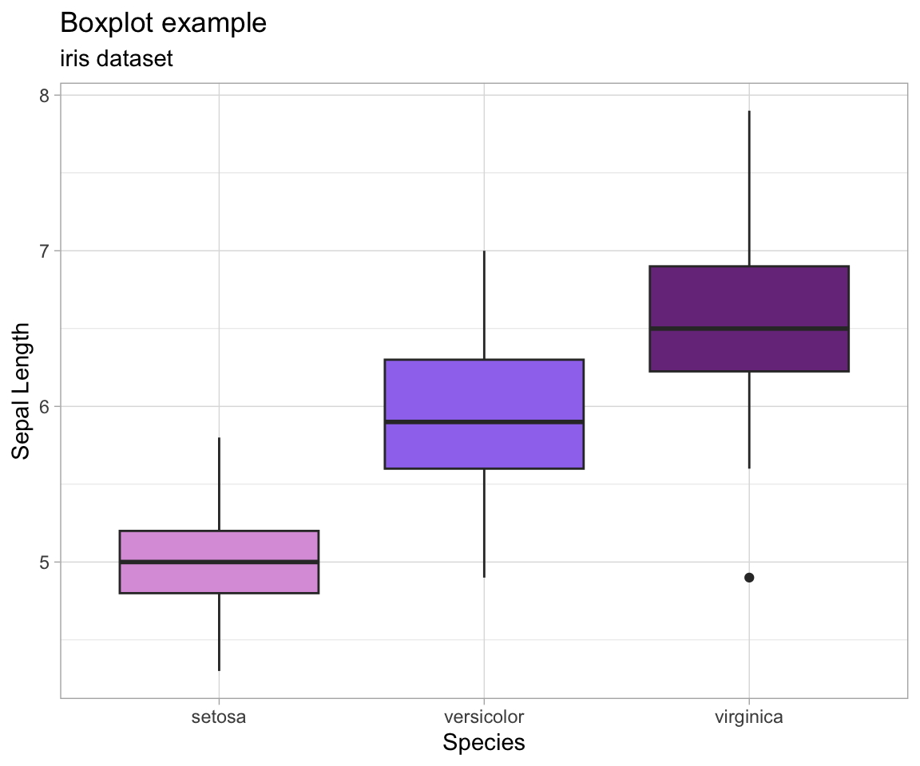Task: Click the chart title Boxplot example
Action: tap(163, 24)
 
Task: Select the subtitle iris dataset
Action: tap(117, 59)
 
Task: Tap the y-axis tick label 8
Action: tap(45, 95)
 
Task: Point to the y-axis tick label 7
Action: tap(45, 251)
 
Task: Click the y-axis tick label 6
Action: tap(45, 406)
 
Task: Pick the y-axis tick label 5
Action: tap(45, 562)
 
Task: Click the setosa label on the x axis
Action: tap(219, 717)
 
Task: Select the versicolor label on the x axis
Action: tap(484, 717)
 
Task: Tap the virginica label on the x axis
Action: tap(749, 717)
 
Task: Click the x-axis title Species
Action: tap(484, 743)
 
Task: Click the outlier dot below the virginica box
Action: tap(749, 577)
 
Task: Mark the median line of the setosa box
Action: tap(219, 562)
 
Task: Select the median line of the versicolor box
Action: tap(484, 421)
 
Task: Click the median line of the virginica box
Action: tap(749, 328)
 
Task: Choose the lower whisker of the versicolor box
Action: tap(484, 523)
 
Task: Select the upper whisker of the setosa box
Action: tap(219, 484)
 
